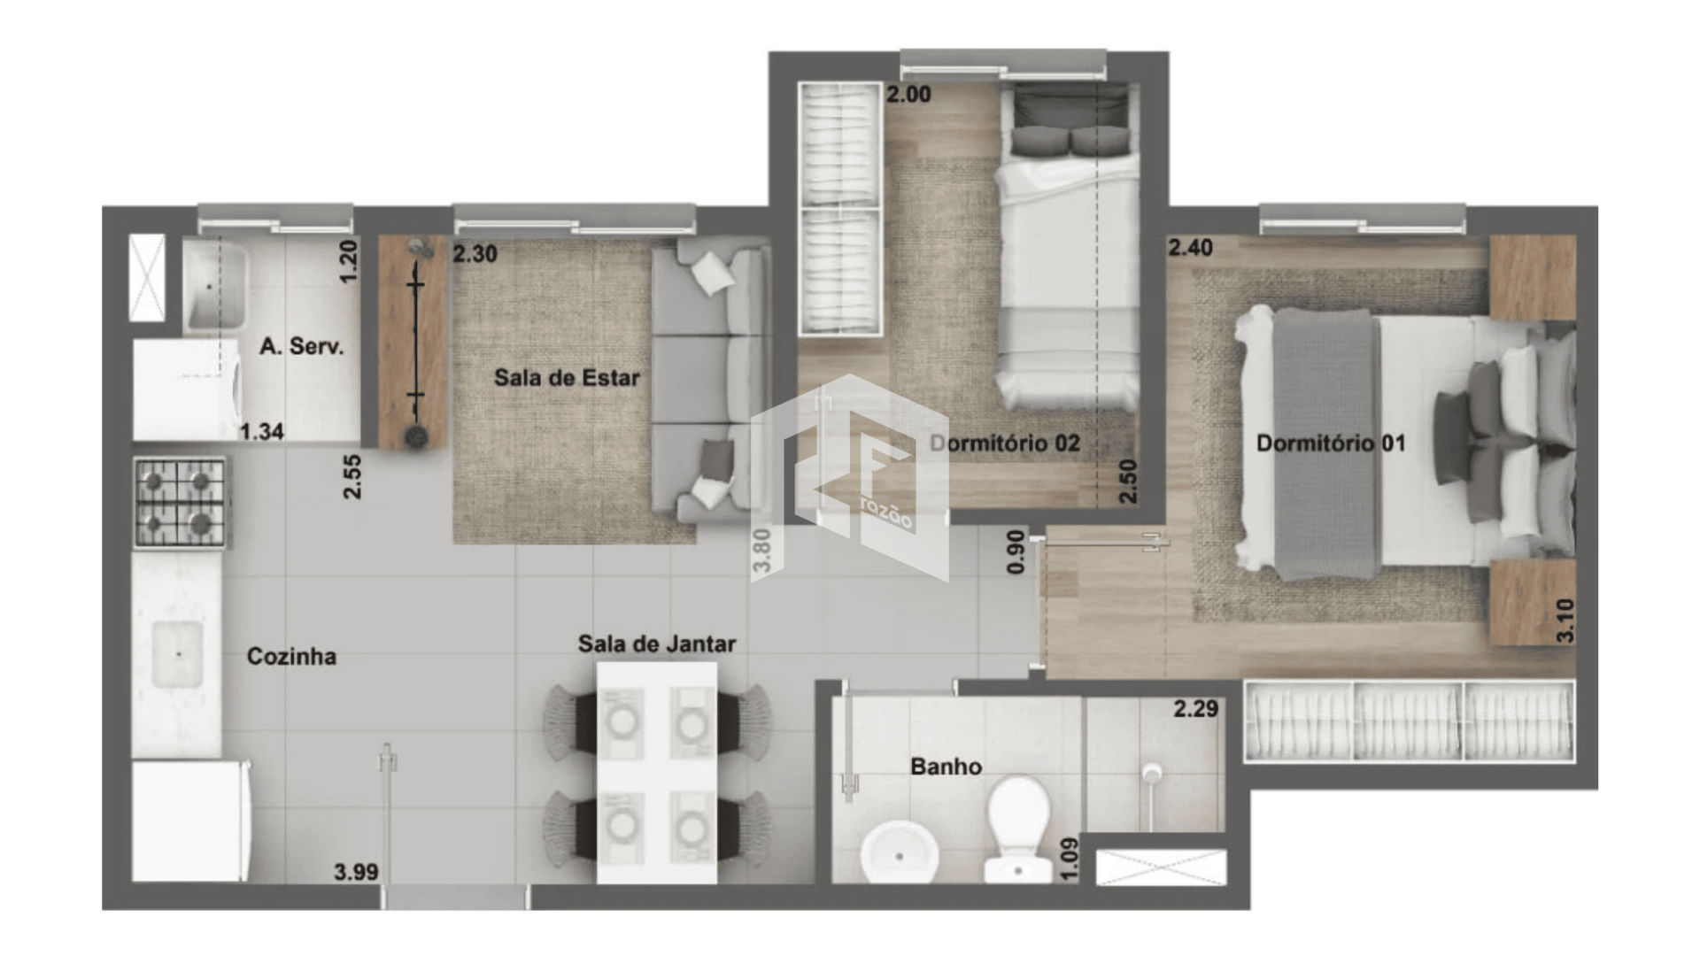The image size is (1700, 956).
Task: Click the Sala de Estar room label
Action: point(567,378)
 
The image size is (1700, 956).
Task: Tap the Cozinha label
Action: point(291,656)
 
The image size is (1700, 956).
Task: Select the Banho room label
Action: point(946,767)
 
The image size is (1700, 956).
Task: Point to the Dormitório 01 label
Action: point(1331,443)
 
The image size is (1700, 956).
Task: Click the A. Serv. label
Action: point(302,346)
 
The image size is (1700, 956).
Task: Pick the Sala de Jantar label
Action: point(657,644)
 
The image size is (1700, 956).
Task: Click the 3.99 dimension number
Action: point(356,872)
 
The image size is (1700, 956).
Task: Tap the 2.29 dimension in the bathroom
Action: point(1196,708)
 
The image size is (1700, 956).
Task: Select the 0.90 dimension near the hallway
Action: point(1016,551)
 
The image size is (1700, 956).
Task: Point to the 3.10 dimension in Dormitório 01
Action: point(1565,621)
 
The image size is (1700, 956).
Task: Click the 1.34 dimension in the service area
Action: point(262,432)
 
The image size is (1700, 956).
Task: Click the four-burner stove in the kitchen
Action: point(180,503)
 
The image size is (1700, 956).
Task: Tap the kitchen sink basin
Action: point(178,655)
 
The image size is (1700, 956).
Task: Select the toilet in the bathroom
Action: point(1018,829)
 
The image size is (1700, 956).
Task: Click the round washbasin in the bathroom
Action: point(899,853)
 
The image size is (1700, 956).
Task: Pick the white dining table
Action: point(657,773)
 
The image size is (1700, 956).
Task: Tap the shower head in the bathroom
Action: point(1150,774)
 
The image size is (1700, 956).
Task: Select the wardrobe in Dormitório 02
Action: point(840,209)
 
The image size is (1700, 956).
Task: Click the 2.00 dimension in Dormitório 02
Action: point(908,95)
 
